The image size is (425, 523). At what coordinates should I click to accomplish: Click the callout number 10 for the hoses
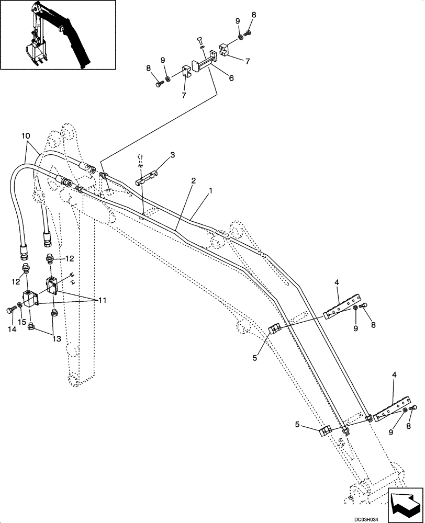[26, 137]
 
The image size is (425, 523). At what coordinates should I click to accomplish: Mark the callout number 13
[57, 339]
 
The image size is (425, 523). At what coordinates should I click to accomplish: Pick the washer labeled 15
[19, 305]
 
